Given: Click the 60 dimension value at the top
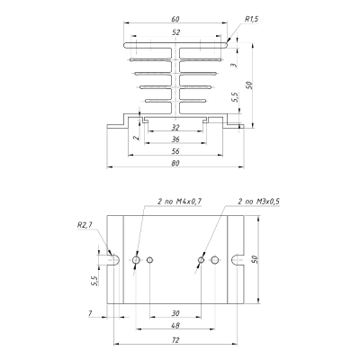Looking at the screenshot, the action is (x=175, y=19).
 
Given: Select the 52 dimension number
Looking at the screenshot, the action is (x=176, y=32).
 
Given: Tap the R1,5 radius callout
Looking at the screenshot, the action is (x=251, y=19).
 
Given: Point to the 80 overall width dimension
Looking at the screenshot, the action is (x=175, y=163).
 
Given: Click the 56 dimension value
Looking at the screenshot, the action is (x=175, y=151).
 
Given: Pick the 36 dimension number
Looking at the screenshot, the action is (x=175, y=139).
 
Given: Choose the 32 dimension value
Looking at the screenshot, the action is (x=175, y=128).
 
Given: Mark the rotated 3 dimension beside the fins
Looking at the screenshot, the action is (x=235, y=64).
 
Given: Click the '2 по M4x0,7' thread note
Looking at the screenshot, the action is (x=179, y=202).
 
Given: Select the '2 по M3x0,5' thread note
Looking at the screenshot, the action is (x=258, y=202).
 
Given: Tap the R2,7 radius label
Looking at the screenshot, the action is (x=85, y=225).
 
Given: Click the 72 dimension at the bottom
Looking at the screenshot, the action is (x=176, y=340).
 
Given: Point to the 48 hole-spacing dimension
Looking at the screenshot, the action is (x=175, y=326).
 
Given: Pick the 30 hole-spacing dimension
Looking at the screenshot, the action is (x=175, y=313).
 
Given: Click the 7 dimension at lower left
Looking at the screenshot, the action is (x=90, y=313).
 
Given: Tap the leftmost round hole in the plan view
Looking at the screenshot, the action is (x=136, y=260).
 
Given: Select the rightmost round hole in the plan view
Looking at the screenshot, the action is (x=215, y=260).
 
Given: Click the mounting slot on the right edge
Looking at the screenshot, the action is (x=238, y=260).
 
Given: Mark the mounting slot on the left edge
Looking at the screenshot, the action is (x=113, y=260).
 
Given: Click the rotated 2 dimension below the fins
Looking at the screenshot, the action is (x=137, y=138).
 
